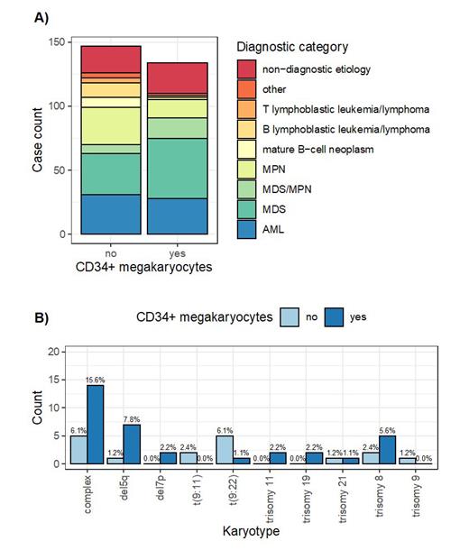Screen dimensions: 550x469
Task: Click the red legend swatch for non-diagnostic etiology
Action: [246, 69]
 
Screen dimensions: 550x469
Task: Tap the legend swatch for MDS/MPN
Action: [246, 188]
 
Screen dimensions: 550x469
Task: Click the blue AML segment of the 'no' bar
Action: [110, 215]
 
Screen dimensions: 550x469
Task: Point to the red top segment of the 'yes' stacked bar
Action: [177, 78]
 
